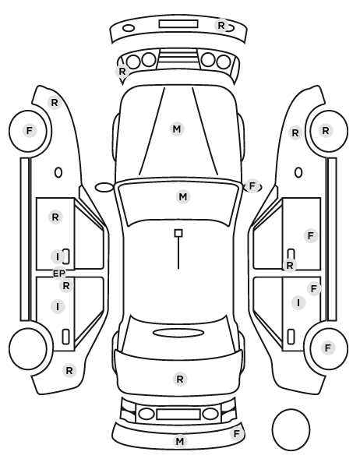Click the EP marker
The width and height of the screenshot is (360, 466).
tap(59, 274)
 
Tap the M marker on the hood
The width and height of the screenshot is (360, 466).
tap(177, 129)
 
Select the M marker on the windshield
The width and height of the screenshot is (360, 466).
tap(183, 196)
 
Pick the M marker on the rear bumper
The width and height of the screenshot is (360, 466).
tap(179, 442)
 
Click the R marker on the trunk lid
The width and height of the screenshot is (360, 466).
tap(180, 380)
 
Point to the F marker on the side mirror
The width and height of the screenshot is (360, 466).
tap(252, 186)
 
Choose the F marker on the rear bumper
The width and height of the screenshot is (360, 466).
tap(237, 434)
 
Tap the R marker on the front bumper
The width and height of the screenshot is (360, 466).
tap(221, 26)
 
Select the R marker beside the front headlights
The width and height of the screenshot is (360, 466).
tap(122, 72)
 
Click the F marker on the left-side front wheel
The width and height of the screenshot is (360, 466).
tap(29, 130)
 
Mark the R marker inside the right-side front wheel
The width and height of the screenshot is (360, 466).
tap(326, 130)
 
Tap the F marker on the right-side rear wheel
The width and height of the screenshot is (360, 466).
tap(328, 348)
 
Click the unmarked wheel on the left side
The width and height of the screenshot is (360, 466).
tap(28, 348)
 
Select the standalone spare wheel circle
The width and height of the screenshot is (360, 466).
tap(291, 429)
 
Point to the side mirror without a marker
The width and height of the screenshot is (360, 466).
tap(104, 188)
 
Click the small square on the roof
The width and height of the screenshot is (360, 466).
tap(178, 233)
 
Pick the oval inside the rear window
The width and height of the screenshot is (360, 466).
tap(178, 334)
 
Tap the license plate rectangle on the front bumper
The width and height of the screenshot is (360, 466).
tap(178, 24)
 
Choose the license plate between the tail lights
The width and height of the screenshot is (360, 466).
tap(178, 415)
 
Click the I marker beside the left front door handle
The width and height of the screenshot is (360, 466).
tap(58, 257)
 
